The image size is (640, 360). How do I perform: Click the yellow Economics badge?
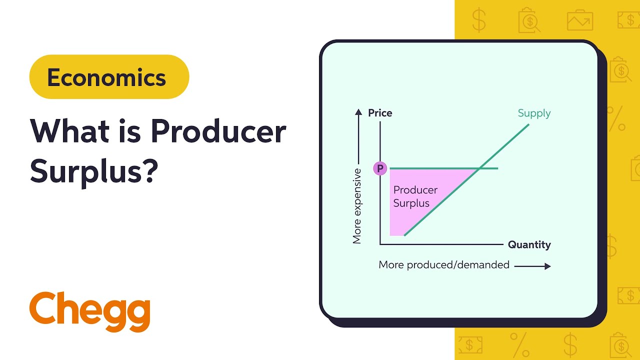pyautogui.click(x=109, y=77)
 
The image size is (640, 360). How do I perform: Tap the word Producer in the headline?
pyautogui.click(x=218, y=132)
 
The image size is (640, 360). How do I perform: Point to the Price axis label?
pyautogui.click(x=380, y=113)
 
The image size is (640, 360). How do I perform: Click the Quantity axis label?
pyautogui.click(x=529, y=245)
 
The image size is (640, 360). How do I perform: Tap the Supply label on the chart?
pyautogui.click(x=534, y=113)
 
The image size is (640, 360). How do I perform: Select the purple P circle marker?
pyautogui.click(x=380, y=169)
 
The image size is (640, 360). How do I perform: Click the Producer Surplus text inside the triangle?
pyautogui.click(x=415, y=196)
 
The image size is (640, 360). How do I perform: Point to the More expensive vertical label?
pyautogui.click(x=357, y=206)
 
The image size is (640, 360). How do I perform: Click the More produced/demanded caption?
pyautogui.click(x=444, y=265)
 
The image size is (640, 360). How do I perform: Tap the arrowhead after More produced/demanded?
pyautogui.click(x=547, y=266)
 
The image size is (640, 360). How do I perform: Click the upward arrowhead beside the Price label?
pyautogui.click(x=358, y=112)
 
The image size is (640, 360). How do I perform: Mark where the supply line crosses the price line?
pyautogui.click(x=478, y=168)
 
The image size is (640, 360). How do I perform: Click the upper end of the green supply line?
pyautogui.click(x=528, y=124)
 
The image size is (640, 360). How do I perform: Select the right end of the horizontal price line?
pyautogui.click(x=497, y=168)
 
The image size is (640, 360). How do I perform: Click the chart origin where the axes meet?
pyautogui.click(x=380, y=244)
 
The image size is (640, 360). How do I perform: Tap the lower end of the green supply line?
pyautogui.click(x=404, y=234)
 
